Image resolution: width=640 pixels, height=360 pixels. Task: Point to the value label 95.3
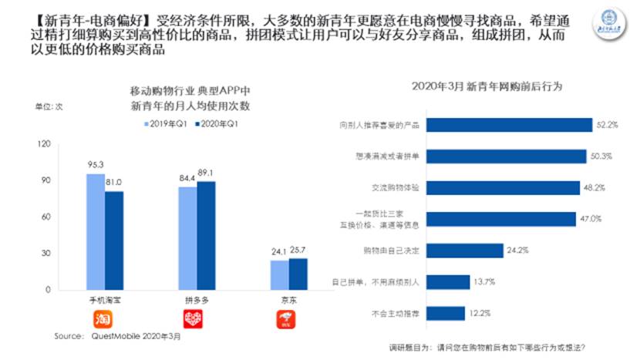pos(95,166)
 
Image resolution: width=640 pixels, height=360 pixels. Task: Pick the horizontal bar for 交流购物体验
pos(501,187)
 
